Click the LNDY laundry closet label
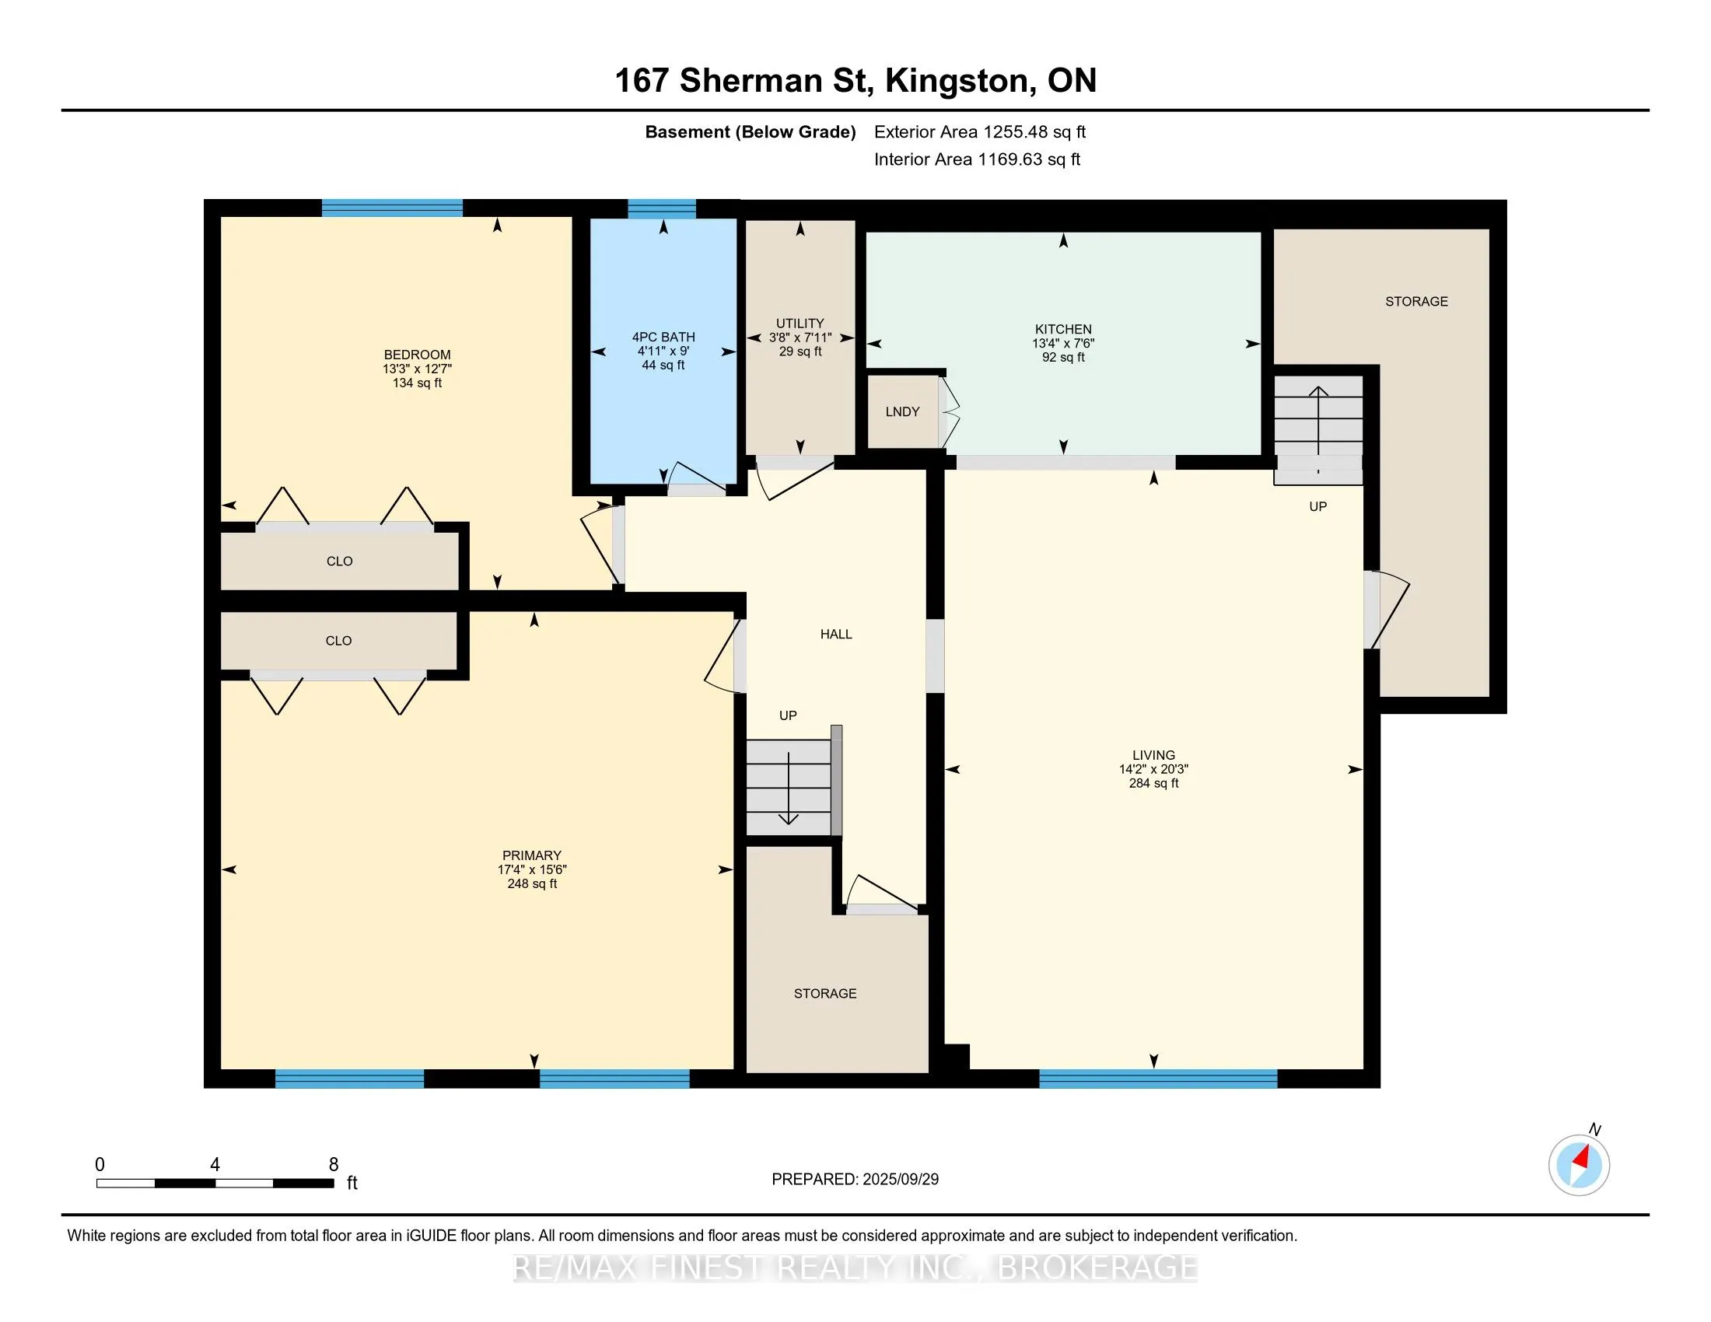(x=902, y=412)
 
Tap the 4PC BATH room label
(x=663, y=337)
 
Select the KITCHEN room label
(x=1063, y=330)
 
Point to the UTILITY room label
(x=800, y=324)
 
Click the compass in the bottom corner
(x=1579, y=1165)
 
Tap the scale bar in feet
(x=215, y=1183)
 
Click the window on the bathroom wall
(x=662, y=208)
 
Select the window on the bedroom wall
(x=392, y=208)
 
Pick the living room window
(x=1158, y=1079)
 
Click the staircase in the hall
(x=788, y=788)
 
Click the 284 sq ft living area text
(x=1153, y=783)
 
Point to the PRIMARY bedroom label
(x=532, y=856)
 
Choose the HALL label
(x=836, y=635)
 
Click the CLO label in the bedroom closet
(x=339, y=561)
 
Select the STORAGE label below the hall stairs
(x=825, y=994)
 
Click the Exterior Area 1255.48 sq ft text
(x=980, y=132)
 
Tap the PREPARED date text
(x=855, y=1180)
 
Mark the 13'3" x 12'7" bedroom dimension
(x=417, y=369)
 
